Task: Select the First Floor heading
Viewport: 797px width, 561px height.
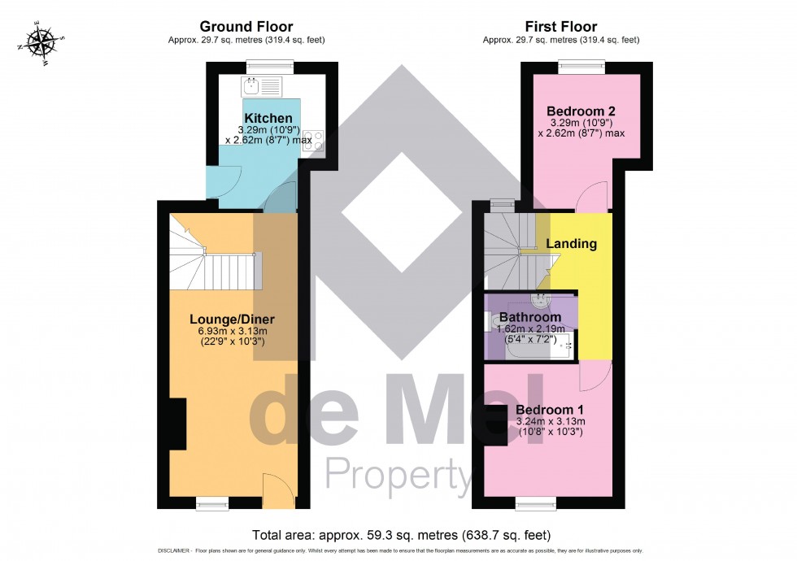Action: click(560, 27)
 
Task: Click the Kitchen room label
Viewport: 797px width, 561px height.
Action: click(268, 120)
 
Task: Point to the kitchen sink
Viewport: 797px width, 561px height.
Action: click(261, 85)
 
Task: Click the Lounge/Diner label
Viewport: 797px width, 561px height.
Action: click(233, 319)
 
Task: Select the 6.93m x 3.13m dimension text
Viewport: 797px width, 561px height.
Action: click(233, 331)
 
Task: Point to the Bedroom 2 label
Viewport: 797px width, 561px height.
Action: click(581, 111)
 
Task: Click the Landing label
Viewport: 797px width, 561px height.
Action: click(571, 244)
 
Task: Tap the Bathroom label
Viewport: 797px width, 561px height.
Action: click(529, 317)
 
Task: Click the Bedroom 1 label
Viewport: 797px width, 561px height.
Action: click(551, 410)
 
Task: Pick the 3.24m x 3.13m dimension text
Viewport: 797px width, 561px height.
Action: click(551, 422)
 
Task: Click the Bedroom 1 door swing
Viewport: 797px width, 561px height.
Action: click(598, 374)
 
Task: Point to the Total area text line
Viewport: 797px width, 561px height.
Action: click(402, 535)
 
